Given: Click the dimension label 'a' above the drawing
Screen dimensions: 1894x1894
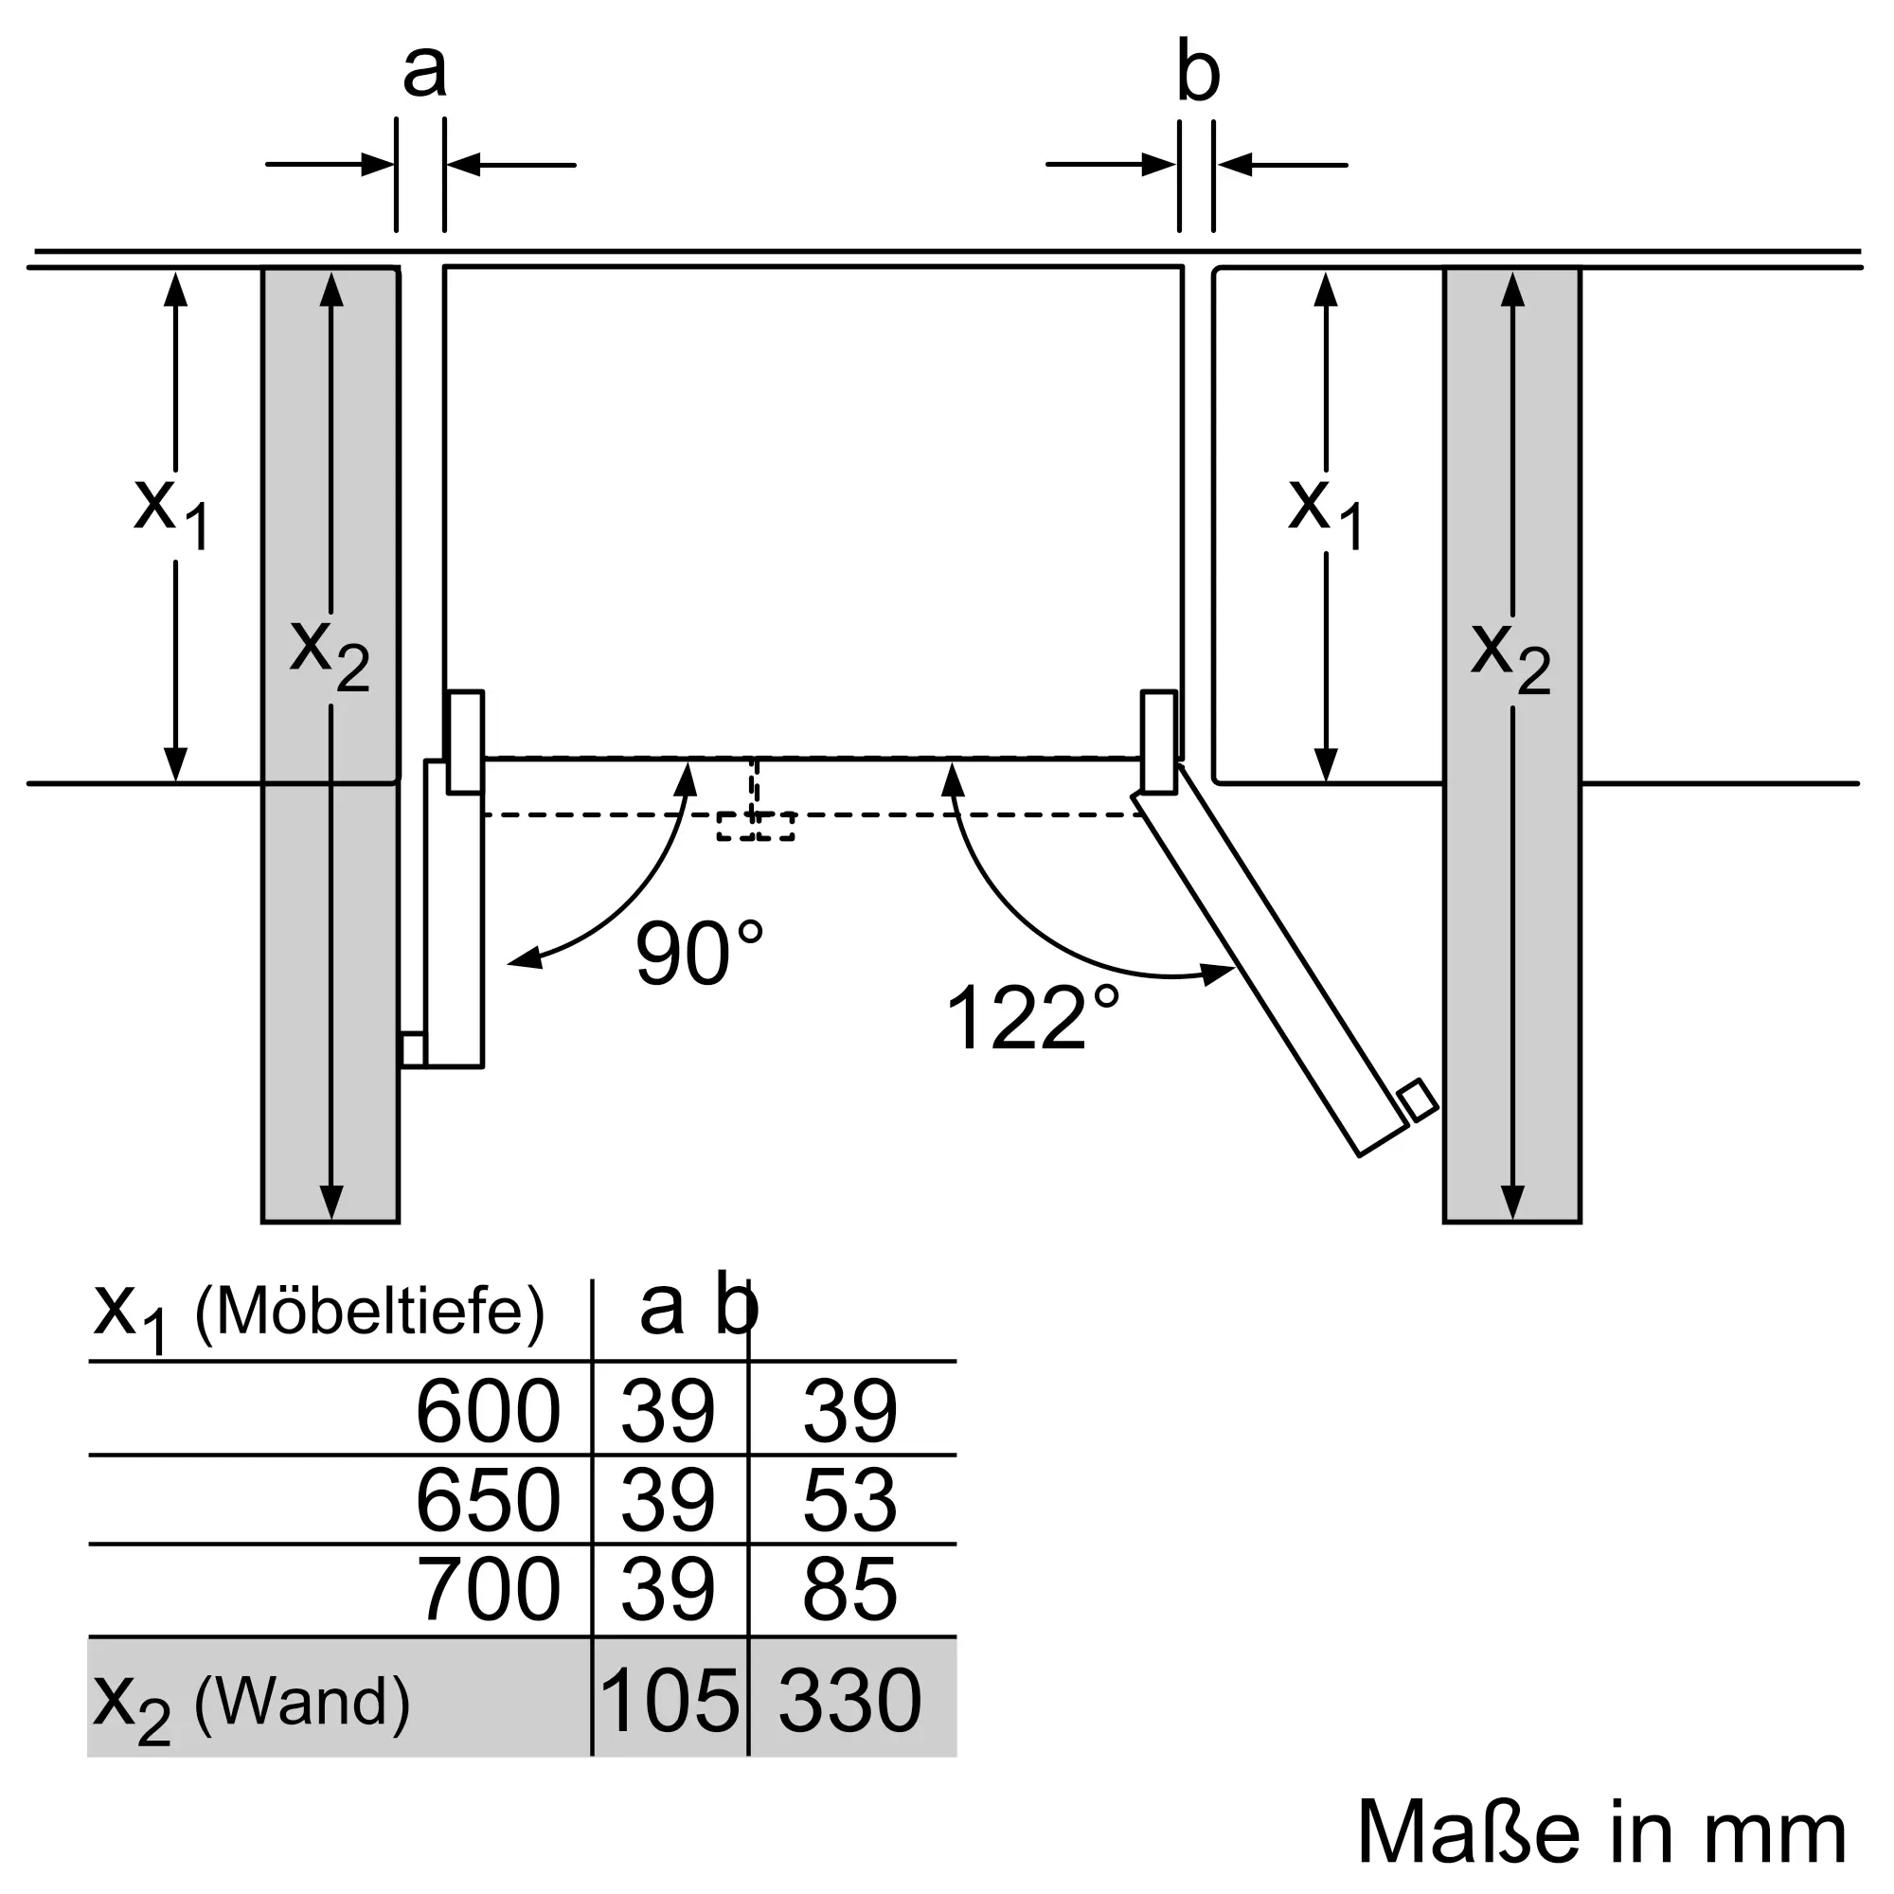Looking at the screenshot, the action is coord(424,71).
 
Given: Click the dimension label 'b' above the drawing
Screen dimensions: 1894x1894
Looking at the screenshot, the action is coord(1198,71).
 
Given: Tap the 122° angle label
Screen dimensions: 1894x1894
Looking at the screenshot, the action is coord(1031,1018).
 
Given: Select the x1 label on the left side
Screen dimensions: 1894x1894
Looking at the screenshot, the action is coord(171,511).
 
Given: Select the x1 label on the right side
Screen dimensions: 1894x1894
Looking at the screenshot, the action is coord(1326,511).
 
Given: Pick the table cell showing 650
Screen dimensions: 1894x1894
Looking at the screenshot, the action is coord(489,1500).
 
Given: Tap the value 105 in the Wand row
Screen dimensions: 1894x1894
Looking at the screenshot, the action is coord(669,1700).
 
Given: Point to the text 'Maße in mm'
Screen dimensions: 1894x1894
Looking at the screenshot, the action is coord(1602,1831).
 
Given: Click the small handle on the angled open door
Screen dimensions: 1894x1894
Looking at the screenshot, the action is coord(1418,1099).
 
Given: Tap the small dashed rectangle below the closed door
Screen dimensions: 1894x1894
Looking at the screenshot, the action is coord(755,826).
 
